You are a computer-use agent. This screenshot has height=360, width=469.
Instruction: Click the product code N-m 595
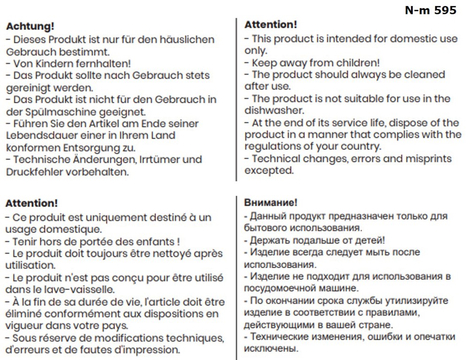[430, 10]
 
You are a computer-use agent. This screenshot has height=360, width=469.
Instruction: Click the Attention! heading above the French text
[31, 204]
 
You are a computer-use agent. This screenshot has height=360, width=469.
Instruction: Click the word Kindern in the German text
[57, 63]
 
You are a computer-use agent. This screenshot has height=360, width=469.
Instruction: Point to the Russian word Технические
[279, 337]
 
